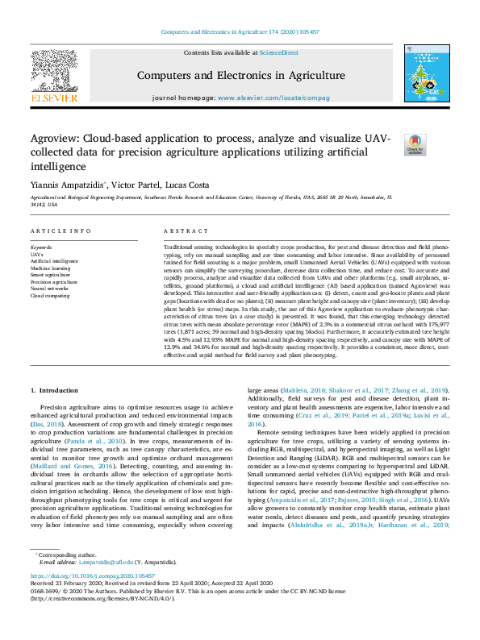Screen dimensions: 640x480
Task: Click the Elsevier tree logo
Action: pyautogui.click(x=54, y=74)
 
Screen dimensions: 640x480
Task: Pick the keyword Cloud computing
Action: pyautogui.click(x=50, y=296)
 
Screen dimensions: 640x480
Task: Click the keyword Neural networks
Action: pyautogui.click(x=50, y=289)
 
